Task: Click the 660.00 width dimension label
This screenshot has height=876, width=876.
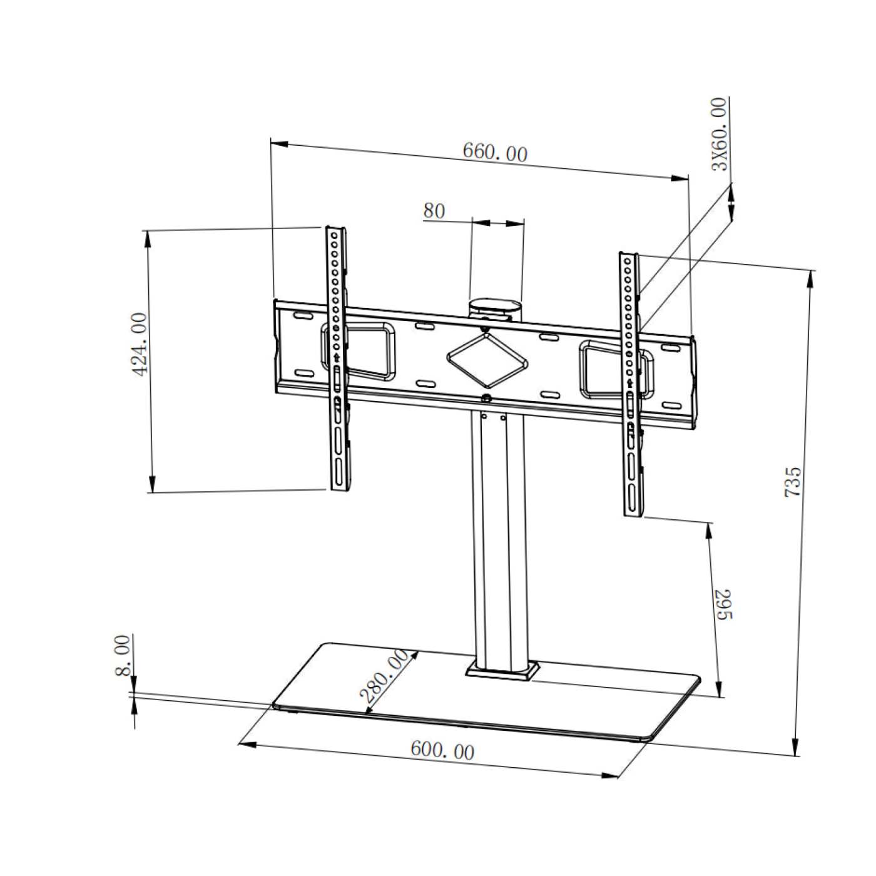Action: [x=495, y=152]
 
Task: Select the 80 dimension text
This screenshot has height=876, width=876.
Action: [x=434, y=211]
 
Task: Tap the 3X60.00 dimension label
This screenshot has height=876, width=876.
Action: [x=720, y=134]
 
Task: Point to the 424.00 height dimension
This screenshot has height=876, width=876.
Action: [x=141, y=344]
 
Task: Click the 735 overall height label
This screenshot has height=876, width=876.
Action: [x=793, y=481]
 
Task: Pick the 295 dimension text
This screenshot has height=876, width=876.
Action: [x=723, y=604]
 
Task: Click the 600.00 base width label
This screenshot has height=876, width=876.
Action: [x=442, y=750]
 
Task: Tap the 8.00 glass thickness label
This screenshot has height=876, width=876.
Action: [x=123, y=655]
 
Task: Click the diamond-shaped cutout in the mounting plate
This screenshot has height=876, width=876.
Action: [x=487, y=360]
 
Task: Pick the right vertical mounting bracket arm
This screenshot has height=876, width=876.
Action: [x=631, y=385]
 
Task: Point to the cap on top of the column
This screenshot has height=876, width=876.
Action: [x=495, y=308]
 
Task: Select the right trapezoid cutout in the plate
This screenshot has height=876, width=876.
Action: [x=604, y=369]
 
